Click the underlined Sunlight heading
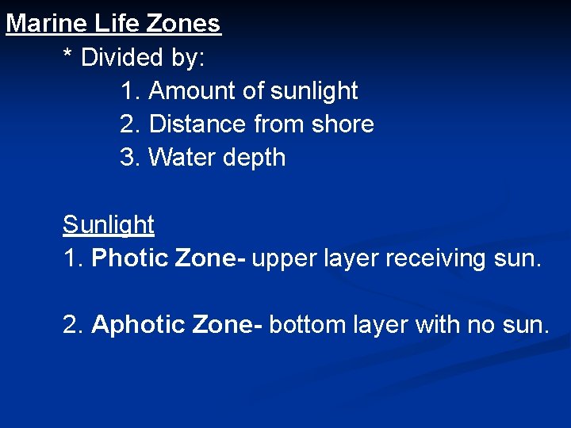pyautogui.click(x=109, y=226)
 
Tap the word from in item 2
pyautogui.click(x=279, y=124)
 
